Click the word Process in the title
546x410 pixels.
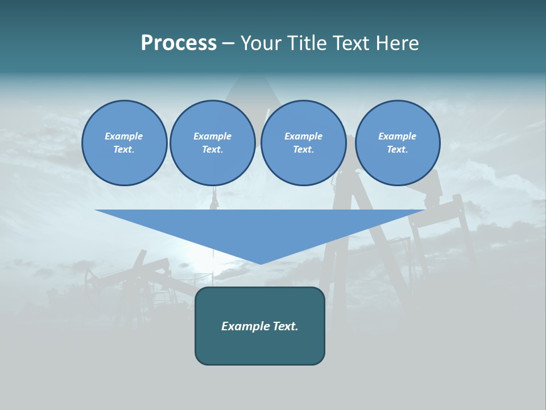(179, 43)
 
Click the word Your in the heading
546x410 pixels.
(262, 43)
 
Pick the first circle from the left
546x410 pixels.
(124, 143)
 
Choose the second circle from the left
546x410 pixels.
(212, 143)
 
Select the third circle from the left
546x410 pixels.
(303, 143)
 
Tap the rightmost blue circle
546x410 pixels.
(397, 143)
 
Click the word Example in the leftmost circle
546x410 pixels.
(124, 136)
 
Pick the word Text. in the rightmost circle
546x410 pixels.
(397, 150)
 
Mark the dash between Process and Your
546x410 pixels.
(228, 44)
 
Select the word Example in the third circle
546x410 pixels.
(303, 136)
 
